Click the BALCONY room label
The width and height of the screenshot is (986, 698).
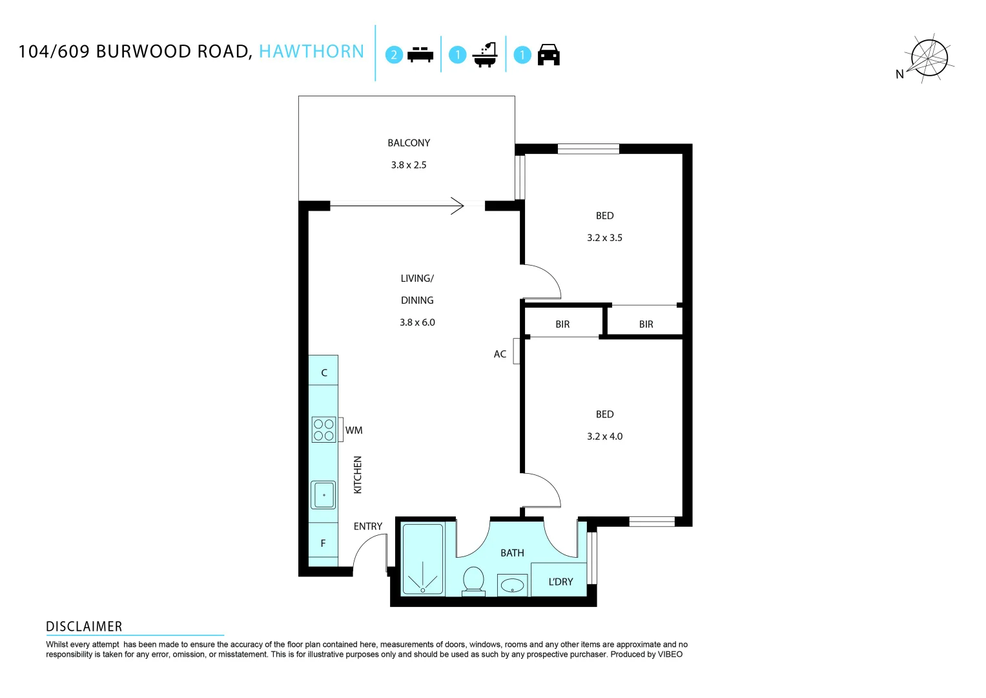coord(408,143)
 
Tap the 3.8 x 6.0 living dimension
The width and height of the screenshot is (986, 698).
coord(417,323)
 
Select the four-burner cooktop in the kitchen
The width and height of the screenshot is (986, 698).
coord(324,430)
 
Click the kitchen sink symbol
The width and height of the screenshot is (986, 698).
coord(324,495)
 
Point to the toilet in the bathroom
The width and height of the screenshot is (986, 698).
coord(474,579)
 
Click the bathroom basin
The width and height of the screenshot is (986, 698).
coord(513,586)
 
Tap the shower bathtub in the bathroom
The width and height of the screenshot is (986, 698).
coord(423,559)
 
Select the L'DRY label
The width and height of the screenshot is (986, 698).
coord(560,582)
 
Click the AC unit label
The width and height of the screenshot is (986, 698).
coord(500,354)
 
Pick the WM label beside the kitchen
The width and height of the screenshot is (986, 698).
coord(354,430)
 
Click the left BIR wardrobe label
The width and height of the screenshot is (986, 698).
coord(562,324)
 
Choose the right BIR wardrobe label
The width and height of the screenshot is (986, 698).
coord(646,324)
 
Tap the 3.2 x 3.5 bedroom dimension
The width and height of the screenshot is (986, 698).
coord(604,238)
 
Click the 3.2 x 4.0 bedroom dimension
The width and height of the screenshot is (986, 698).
coord(604,436)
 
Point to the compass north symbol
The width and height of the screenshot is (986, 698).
coord(927,58)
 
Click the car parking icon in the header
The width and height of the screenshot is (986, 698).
coord(548,56)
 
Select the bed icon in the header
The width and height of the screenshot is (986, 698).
coord(420,55)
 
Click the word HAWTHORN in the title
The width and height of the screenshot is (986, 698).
coord(311,52)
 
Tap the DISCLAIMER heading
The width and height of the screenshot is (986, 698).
coord(84,626)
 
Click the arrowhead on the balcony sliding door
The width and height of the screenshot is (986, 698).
coord(458,206)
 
